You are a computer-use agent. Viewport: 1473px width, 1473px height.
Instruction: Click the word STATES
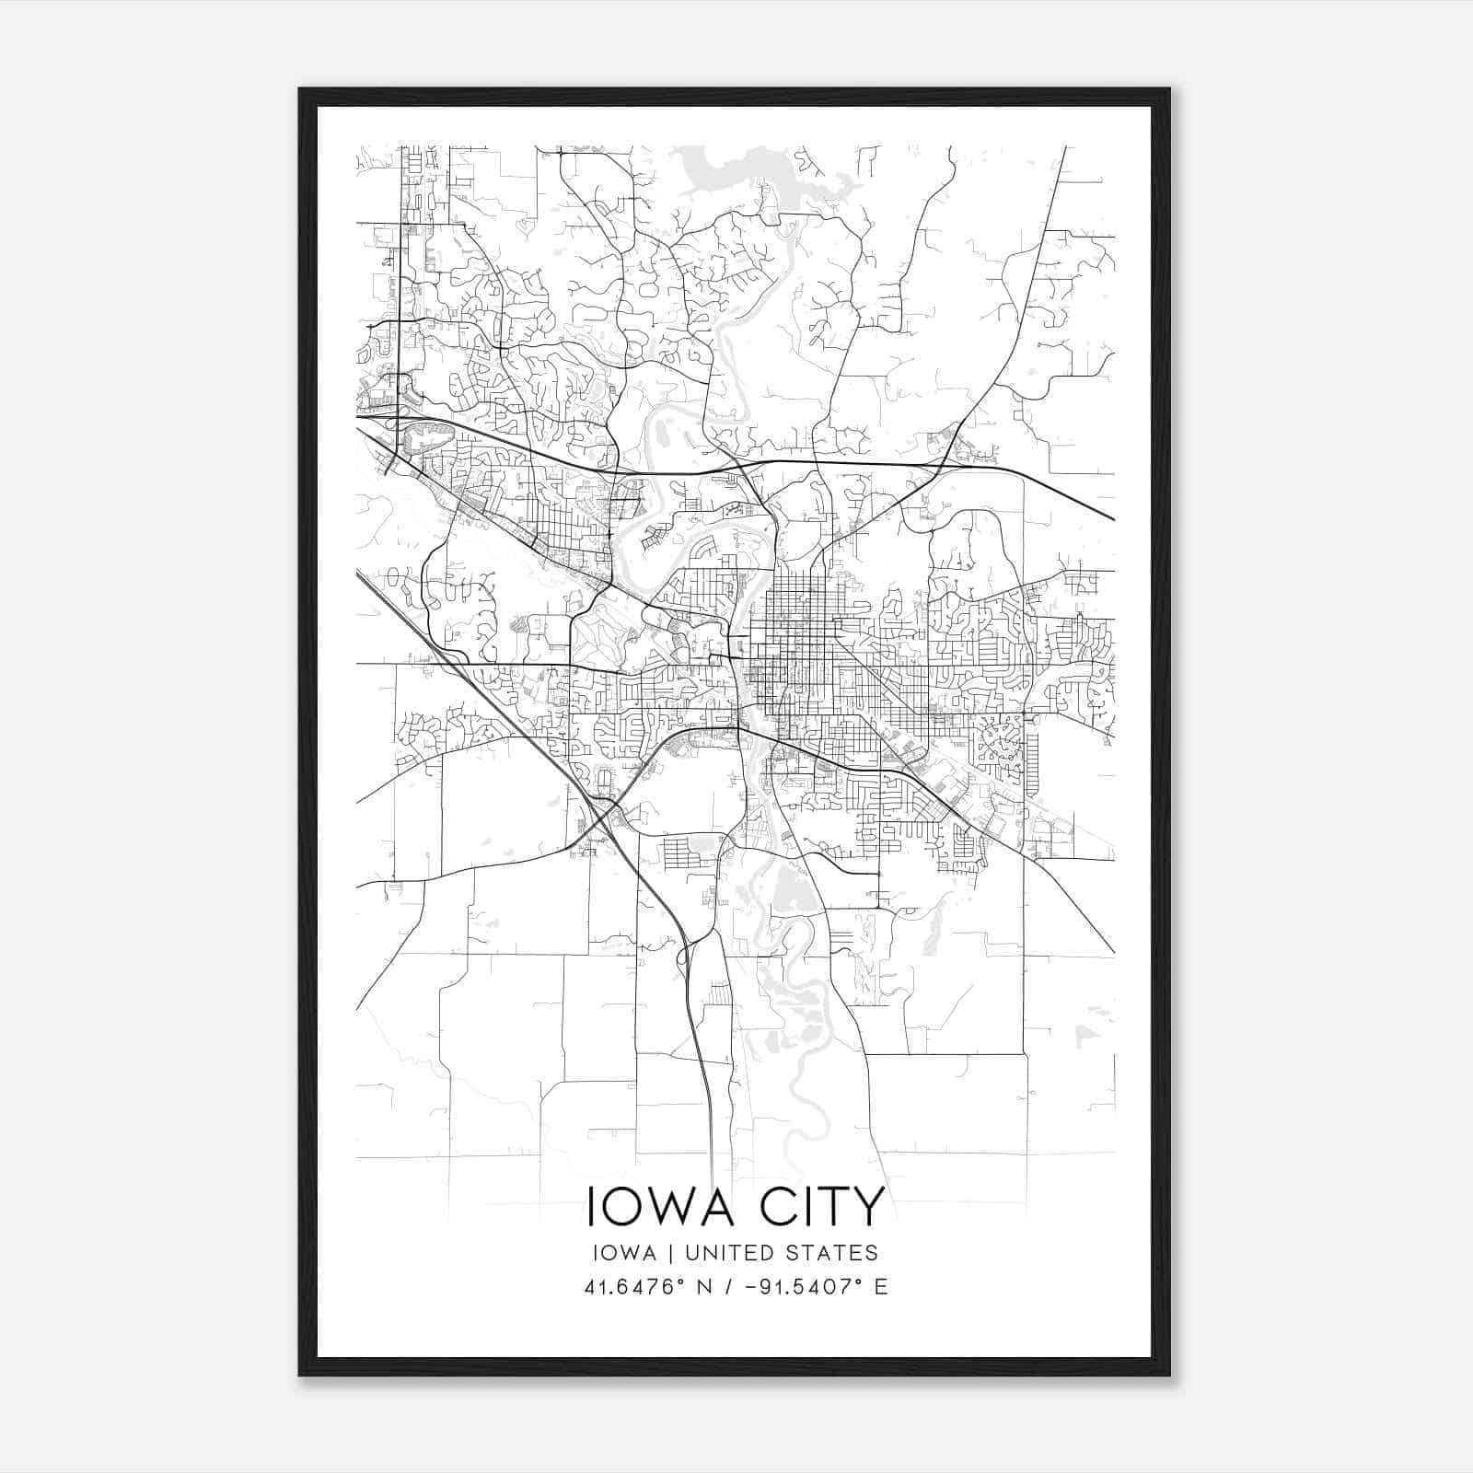(x=838, y=1253)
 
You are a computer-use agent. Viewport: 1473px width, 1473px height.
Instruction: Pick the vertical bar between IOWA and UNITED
(x=669, y=1253)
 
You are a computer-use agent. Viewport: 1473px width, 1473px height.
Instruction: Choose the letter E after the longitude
(x=881, y=1287)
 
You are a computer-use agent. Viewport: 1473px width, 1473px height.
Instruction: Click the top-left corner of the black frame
(x=301, y=90)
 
